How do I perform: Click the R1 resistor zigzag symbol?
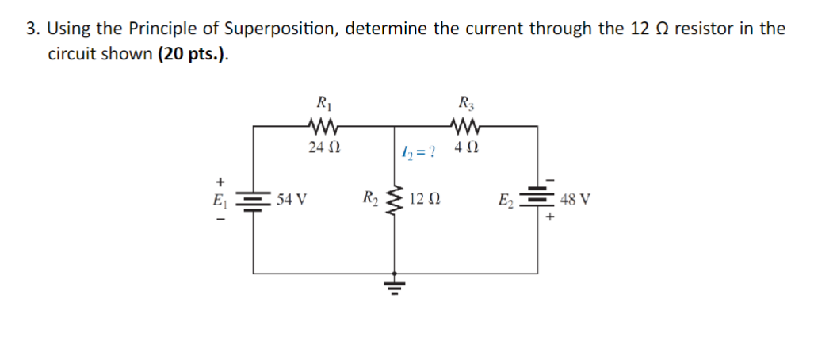point(323,124)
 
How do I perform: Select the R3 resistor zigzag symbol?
point(464,124)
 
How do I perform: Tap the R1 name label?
point(323,101)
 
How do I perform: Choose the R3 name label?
point(465,101)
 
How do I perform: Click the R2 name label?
point(369,197)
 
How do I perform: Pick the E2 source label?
point(505,198)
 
